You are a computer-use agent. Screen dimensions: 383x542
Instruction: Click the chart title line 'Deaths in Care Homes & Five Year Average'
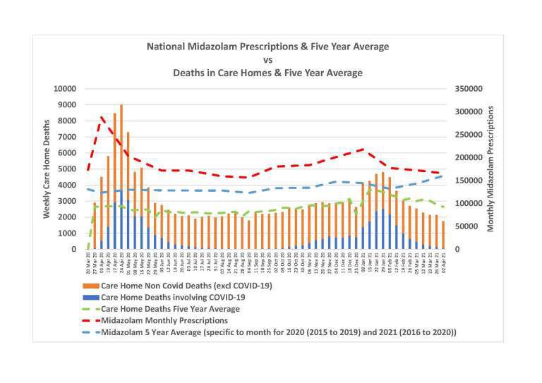[267, 73]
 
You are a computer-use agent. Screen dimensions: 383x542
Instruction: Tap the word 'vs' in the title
[267, 60]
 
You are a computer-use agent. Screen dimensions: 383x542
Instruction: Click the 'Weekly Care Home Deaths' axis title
[47, 169]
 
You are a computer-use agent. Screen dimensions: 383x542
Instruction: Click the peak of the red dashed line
[102, 117]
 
